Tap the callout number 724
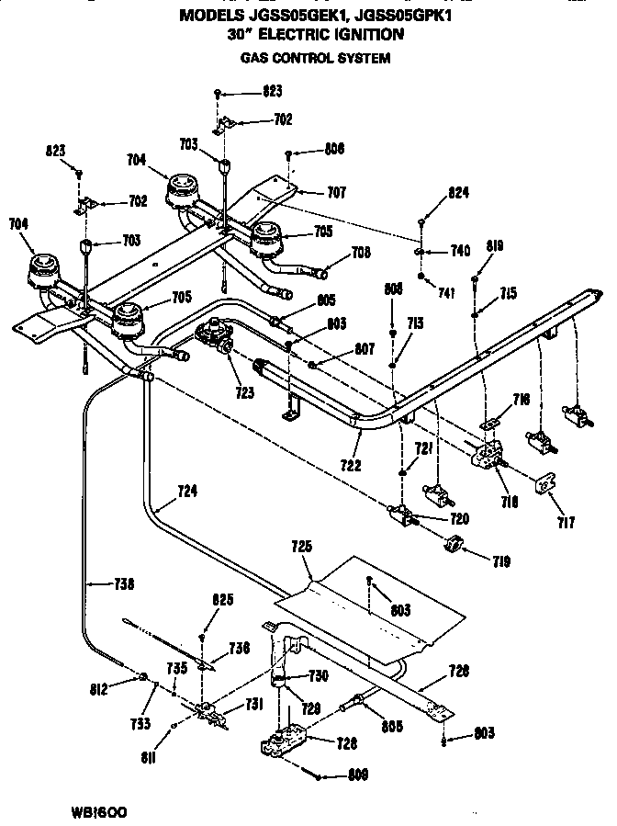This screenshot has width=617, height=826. click(x=187, y=492)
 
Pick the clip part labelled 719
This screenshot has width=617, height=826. click(x=453, y=549)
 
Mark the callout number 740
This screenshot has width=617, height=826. click(x=459, y=251)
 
